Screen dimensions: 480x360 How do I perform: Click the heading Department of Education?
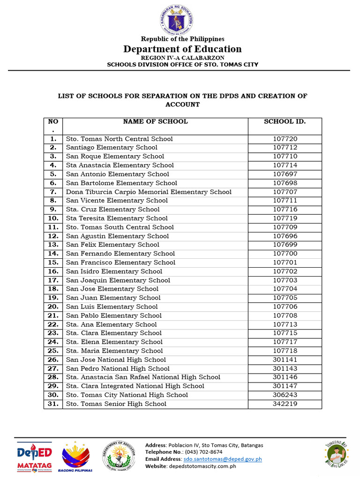[182, 49]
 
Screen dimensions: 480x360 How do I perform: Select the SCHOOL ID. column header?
[285, 121]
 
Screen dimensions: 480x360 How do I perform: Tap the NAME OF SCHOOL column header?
[155, 121]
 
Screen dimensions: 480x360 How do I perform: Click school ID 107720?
[285, 139]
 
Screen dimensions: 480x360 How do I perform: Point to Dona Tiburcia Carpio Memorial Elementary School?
[149, 192]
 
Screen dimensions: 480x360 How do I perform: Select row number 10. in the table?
[53, 218]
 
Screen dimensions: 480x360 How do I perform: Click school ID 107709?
[285, 227]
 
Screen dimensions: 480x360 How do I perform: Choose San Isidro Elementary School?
[114, 271]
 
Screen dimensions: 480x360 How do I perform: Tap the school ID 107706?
[285, 307]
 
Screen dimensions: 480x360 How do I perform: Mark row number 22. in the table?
[53, 324]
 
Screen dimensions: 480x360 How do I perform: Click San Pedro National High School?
[118, 368]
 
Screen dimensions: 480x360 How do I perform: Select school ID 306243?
[285, 395]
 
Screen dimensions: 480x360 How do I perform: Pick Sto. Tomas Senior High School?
[116, 404]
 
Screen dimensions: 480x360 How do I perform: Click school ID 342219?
[285, 404]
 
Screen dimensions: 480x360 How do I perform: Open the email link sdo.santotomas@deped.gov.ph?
[223, 459]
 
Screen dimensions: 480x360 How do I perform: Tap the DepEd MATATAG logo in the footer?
[33, 456]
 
